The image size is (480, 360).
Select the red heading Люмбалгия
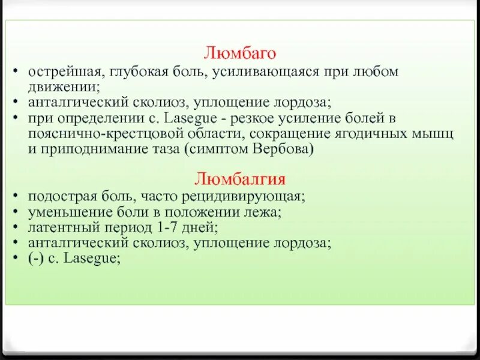(x=239, y=179)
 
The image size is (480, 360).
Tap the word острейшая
(x=58, y=72)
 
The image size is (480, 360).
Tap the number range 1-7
(x=166, y=228)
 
